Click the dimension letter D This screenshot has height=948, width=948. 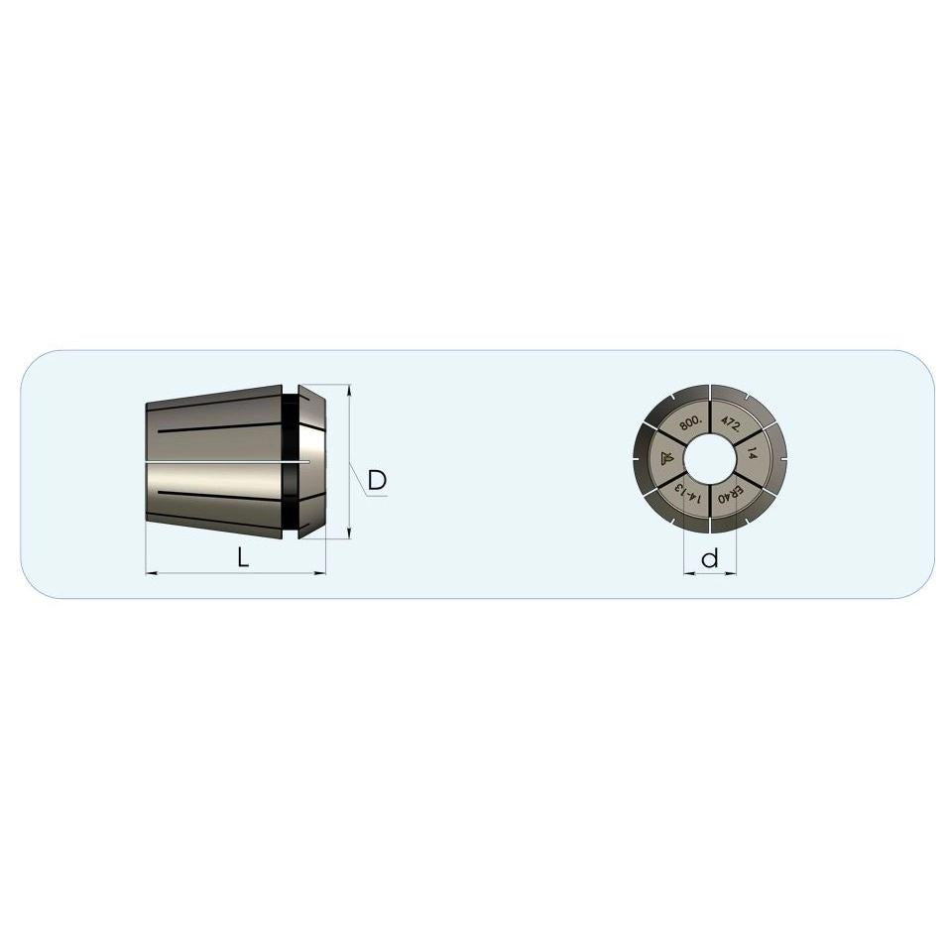click(377, 480)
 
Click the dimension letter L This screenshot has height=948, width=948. click(242, 557)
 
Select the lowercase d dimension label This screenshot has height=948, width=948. click(710, 558)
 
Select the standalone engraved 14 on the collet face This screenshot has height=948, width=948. click(752, 452)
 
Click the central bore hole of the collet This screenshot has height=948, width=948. click(710, 459)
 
